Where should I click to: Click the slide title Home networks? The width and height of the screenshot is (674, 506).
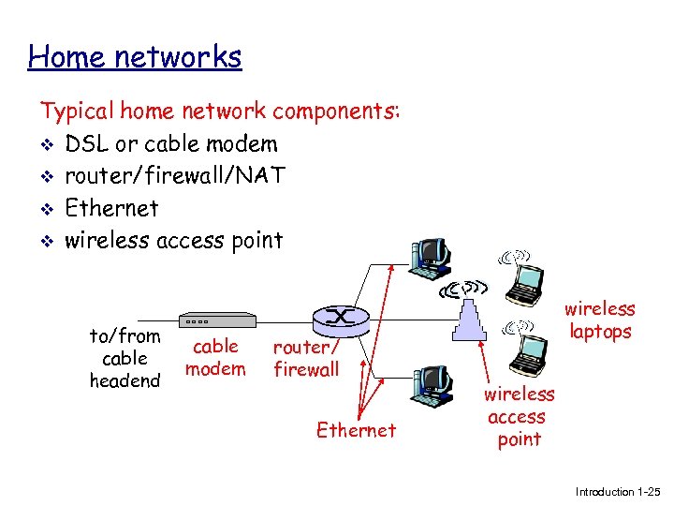pyautogui.click(x=135, y=57)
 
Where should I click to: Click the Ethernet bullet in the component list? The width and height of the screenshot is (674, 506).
pyautogui.click(x=111, y=208)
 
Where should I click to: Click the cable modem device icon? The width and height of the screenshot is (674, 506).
pyautogui.click(x=216, y=320)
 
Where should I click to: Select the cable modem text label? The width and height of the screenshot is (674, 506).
pyautogui.click(x=215, y=357)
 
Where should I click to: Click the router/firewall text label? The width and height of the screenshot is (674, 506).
pyautogui.click(x=306, y=358)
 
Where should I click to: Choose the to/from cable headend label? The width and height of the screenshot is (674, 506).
pyautogui.click(x=125, y=358)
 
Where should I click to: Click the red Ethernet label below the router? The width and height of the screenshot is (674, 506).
pyautogui.click(x=356, y=430)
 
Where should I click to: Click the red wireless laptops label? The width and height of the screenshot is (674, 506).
pyautogui.click(x=599, y=320)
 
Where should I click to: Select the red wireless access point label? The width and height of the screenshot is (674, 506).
pyautogui.click(x=518, y=417)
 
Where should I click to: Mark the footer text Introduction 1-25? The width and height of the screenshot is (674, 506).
pyautogui.click(x=617, y=492)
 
